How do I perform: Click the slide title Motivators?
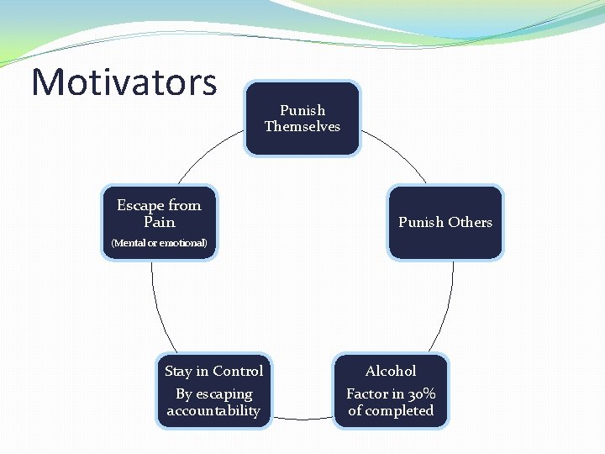(124, 82)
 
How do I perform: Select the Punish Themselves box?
(302, 118)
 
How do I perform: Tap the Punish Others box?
(445, 222)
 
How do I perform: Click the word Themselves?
(302, 127)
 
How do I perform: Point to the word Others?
(470, 222)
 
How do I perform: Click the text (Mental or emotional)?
(159, 244)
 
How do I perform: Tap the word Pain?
(159, 223)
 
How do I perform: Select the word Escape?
(139, 205)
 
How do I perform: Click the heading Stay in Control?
(213, 371)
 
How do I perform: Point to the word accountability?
(213, 411)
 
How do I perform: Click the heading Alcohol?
(391, 371)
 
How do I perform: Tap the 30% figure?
(419, 394)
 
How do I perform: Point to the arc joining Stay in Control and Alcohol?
(302, 418)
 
